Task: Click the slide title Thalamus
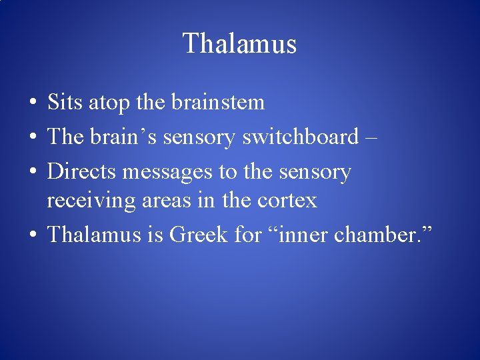(x=239, y=44)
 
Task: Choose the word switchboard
(x=301, y=137)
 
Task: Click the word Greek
(x=198, y=234)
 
